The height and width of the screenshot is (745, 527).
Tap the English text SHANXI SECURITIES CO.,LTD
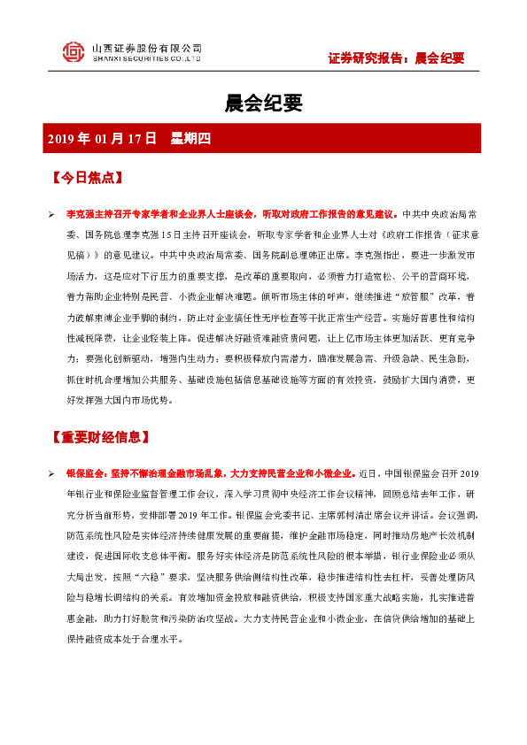tap(147, 59)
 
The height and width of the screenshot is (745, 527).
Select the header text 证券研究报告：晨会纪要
tap(396, 58)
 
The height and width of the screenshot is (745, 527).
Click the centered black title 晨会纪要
tap(263, 104)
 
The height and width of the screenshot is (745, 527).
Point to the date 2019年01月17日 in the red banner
tap(102, 138)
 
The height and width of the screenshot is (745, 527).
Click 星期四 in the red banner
tap(189, 138)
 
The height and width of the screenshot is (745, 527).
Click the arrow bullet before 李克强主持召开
tap(52, 215)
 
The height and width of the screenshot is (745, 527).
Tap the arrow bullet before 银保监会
tap(52, 475)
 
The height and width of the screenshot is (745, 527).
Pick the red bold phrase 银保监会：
tap(89, 475)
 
